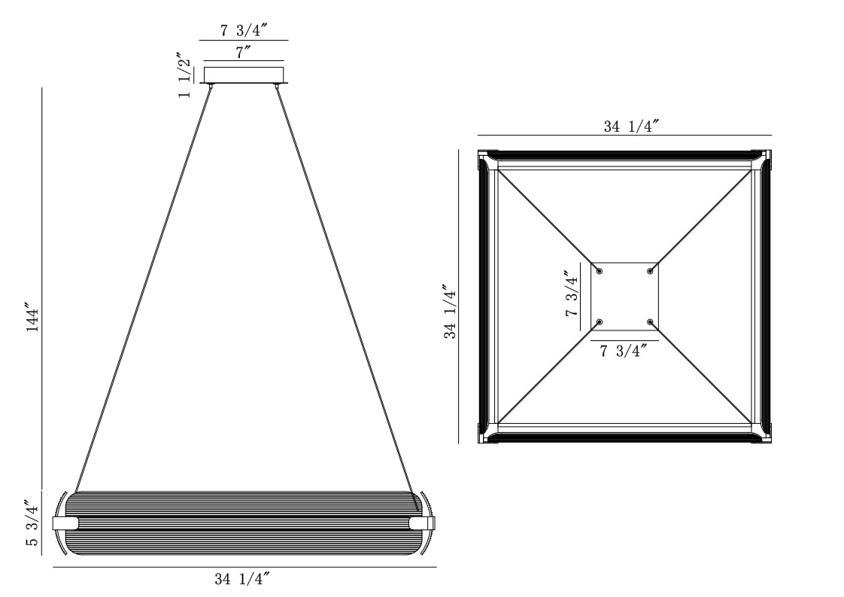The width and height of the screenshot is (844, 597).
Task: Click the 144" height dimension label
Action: click(x=33, y=320)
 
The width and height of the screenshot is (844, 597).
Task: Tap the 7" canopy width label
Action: click(x=243, y=53)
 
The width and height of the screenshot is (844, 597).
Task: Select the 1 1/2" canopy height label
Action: click(x=184, y=75)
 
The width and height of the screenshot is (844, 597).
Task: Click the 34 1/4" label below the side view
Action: click(x=241, y=579)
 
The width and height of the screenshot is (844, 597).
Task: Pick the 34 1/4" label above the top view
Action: click(x=631, y=126)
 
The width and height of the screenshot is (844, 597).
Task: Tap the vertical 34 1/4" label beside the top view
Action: click(x=450, y=312)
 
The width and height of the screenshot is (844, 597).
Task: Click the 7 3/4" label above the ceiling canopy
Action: click(x=243, y=30)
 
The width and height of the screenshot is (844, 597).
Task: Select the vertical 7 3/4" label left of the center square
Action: click(x=572, y=294)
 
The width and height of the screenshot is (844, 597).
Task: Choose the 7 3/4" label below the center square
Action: click(x=623, y=351)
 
